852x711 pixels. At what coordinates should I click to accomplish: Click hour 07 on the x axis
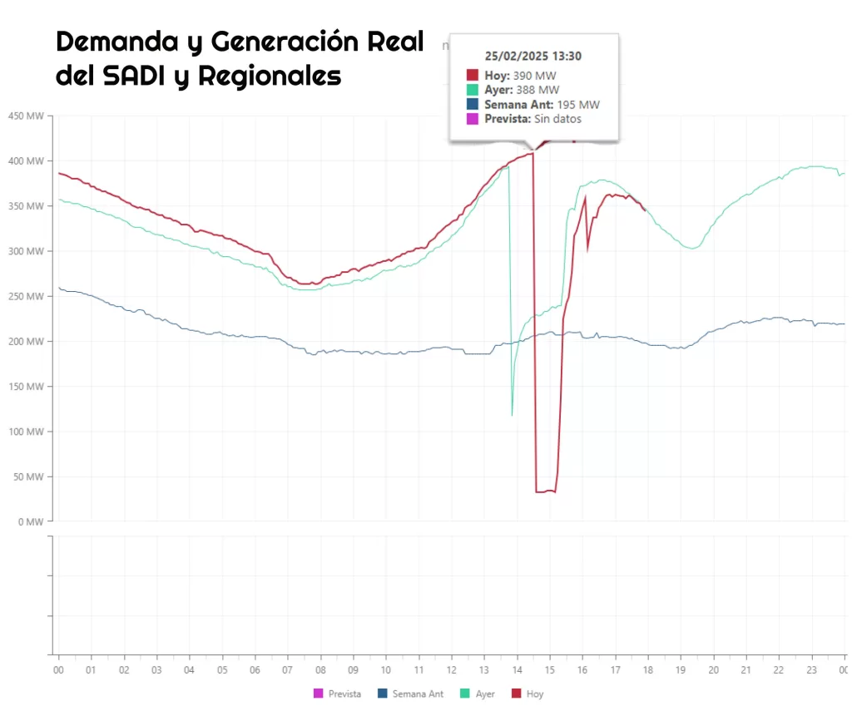[288, 669]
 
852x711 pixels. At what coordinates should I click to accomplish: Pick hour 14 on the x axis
[517, 669]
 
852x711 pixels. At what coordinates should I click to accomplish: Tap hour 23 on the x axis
[811, 669]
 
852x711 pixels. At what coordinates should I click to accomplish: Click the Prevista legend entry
[344, 694]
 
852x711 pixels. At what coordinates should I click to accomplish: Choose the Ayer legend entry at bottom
[484, 694]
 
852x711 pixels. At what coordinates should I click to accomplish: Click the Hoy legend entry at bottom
[534, 694]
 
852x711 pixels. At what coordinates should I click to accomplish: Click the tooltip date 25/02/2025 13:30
[533, 56]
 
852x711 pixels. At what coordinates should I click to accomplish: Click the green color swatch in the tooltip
[472, 90]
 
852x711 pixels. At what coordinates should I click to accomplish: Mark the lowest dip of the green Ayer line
[512, 414]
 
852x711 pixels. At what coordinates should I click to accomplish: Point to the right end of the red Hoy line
[645, 210]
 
